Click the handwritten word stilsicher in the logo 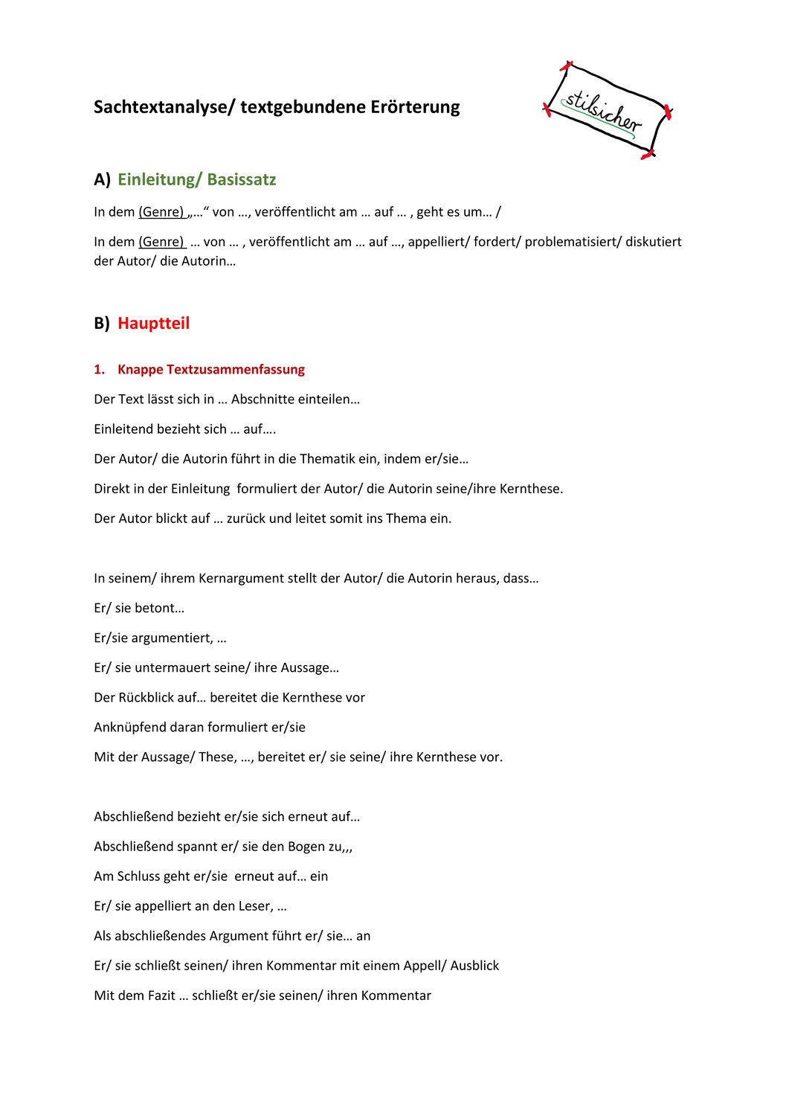click(603, 112)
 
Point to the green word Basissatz click(242, 179)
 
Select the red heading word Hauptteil click(154, 323)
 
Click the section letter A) click(102, 179)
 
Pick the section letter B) click(102, 323)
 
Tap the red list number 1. click(100, 370)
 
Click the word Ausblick click(474, 966)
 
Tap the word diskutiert click(654, 242)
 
